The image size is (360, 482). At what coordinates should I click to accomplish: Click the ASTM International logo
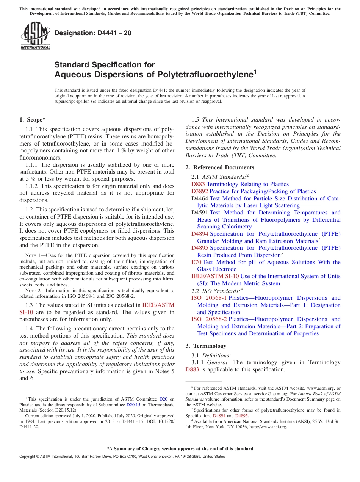click(35, 36)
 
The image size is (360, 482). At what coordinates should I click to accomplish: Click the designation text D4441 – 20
click(93, 33)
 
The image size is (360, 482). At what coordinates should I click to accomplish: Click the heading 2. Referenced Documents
click(220, 167)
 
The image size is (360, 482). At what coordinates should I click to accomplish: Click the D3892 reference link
click(200, 191)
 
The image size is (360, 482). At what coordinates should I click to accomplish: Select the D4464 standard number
click(200, 199)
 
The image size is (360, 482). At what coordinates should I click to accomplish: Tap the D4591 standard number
click(200, 213)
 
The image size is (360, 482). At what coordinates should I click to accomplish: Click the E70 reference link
click(196, 262)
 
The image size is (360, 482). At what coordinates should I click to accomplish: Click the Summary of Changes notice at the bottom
click(180, 449)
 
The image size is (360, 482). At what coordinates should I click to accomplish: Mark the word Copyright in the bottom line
click(28, 457)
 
